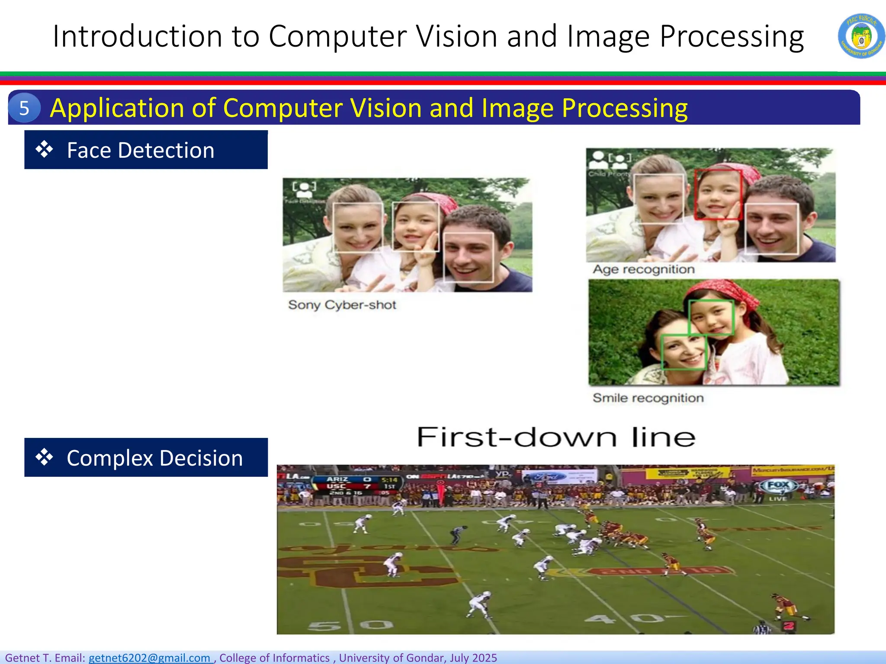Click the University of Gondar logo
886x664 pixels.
coord(861,36)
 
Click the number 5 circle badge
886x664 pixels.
coord(24,108)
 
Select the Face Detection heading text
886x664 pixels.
coord(141,150)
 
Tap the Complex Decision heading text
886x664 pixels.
coord(154,458)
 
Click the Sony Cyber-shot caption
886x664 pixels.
coord(342,305)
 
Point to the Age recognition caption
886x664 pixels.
coord(643,269)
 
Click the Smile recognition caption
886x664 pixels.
coord(648,398)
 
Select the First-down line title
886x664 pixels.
coord(555,437)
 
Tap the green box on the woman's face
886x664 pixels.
coord(684,352)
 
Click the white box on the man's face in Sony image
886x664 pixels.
coord(469,257)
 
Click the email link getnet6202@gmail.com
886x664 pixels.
coord(150,658)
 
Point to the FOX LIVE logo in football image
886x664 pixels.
coord(778,488)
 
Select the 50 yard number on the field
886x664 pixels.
coord(350,625)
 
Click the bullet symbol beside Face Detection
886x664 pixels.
coord(44,150)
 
